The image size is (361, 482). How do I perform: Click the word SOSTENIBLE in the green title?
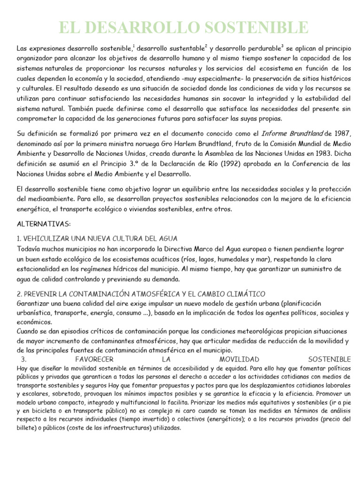[253, 27]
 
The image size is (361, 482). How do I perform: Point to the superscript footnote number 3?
[282, 46]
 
